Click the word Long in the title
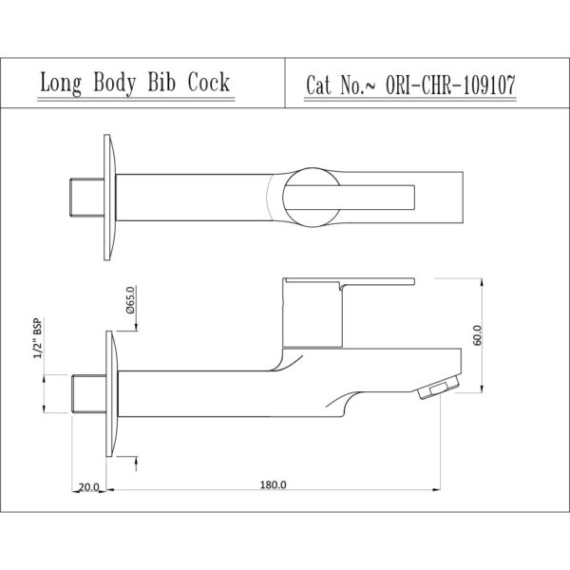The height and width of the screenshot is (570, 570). pos(61,84)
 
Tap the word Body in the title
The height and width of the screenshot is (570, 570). pos(115,84)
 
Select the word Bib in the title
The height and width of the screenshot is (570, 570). pos(161,82)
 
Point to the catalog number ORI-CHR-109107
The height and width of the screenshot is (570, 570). pos(450,85)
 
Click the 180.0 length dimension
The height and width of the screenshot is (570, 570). pos(273,484)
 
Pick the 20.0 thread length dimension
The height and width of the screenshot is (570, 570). pos(88,487)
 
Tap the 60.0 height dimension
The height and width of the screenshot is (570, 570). pos(478,335)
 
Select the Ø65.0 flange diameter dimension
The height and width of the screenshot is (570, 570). pos(130,300)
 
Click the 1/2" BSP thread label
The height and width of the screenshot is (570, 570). pos(37,337)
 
